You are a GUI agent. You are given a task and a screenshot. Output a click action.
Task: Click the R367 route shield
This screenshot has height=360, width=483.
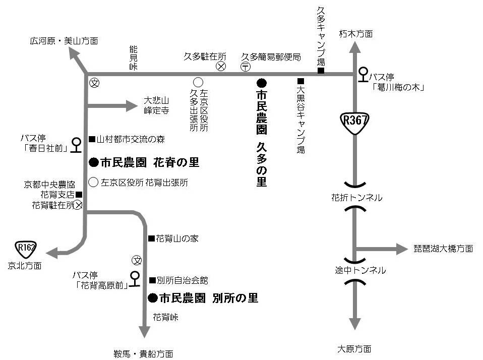pyautogui.click(x=355, y=122)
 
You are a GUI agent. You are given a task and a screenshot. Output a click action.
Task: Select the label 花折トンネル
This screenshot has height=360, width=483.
pyautogui.click(x=356, y=198)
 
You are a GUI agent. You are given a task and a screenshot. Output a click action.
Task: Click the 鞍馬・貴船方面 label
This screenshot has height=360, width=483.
pyautogui.click(x=144, y=352)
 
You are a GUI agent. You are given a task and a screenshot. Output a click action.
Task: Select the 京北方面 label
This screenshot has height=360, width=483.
pyautogui.click(x=25, y=265)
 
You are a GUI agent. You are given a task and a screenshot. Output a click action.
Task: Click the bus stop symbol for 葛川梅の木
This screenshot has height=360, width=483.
pyautogui.click(x=363, y=75)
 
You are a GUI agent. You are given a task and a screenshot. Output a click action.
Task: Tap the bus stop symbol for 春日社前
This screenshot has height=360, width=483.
pyautogui.click(x=76, y=145)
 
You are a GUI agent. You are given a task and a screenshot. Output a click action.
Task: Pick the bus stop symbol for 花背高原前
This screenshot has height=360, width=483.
pyautogui.click(x=135, y=278)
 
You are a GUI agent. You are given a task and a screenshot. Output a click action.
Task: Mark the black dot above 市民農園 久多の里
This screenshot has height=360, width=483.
pyautogui.click(x=261, y=82)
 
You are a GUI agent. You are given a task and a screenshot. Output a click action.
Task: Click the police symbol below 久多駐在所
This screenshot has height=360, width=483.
pyautogui.click(x=221, y=66)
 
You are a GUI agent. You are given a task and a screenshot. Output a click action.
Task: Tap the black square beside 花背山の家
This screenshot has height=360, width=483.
pyautogui.click(x=150, y=238)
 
